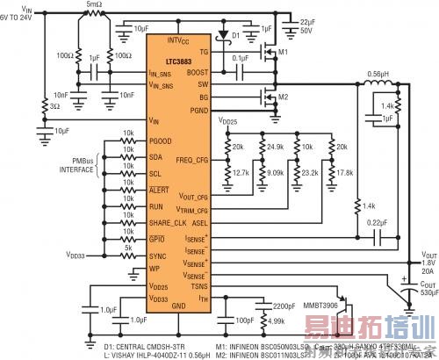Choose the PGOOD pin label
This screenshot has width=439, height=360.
pyautogui.click(x=162, y=140)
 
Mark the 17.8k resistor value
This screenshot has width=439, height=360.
pyautogui.click(x=344, y=173)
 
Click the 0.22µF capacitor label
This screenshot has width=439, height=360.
pyautogui.click(x=378, y=223)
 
